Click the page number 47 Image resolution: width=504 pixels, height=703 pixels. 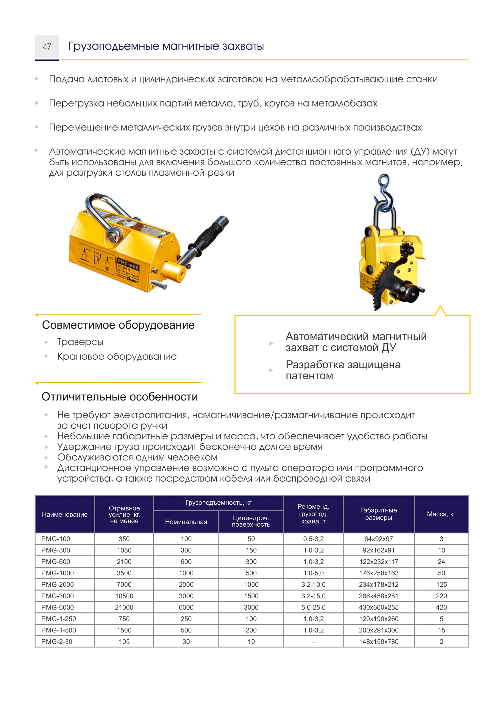47,47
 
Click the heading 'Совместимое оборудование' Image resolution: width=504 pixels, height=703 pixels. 118,325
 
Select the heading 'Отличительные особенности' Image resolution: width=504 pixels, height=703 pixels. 119,397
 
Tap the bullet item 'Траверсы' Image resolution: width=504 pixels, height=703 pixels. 80,342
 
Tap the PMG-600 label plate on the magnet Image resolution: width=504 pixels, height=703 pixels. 128,269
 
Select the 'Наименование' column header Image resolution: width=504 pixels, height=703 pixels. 65,515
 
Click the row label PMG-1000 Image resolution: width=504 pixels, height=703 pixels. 57,573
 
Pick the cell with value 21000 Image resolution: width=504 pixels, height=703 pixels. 124,608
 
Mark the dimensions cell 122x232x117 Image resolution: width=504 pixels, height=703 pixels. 378,562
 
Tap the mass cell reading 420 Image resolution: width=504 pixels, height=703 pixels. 441,608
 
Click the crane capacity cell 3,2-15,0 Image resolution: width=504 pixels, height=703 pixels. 313,596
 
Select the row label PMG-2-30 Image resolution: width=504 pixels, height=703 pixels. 57,642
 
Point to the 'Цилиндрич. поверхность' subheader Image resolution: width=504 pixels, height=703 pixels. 251,521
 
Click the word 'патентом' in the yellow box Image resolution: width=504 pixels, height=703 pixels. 309,376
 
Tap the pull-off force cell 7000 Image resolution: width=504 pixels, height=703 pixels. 124,585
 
